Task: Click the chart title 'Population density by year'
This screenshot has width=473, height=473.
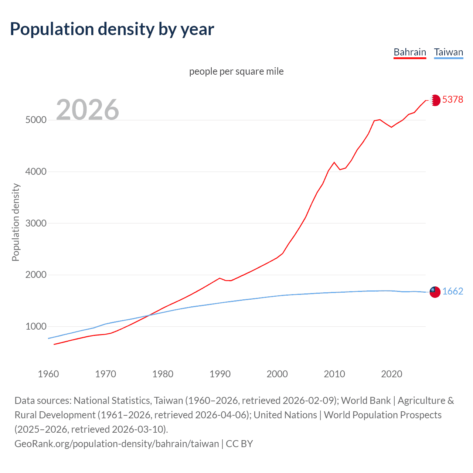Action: pos(112,29)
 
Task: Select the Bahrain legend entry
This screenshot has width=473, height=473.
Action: pos(410,52)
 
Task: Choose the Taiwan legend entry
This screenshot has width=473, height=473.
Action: pos(449,52)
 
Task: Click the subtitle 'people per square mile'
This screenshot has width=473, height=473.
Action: pos(236,71)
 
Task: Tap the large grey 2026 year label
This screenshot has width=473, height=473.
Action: pos(88,110)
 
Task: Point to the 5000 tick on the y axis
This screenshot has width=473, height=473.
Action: pos(36,120)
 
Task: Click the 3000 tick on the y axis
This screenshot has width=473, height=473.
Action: pos(36,223)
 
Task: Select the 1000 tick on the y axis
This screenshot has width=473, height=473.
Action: pos(36,327)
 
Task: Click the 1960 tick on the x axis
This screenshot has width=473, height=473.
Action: pos(48,374)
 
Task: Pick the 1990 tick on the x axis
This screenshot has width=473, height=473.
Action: pos(220,374)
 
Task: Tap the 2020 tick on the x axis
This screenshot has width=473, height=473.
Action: pos(391,374)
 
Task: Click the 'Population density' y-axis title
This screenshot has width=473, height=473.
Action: pos(16,222)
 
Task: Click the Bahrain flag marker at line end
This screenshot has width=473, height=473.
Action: pos(435,100)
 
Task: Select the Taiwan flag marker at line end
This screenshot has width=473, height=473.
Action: pos(435,292)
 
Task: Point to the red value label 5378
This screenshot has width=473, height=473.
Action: pos(453,100)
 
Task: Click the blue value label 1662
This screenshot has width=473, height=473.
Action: pos(453,292)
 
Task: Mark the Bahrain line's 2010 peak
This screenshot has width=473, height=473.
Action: pos(334,162)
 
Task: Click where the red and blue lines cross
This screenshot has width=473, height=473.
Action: pos(149,315)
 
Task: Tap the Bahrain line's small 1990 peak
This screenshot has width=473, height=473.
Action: pos(220,278)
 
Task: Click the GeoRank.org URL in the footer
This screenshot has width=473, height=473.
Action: pos(116,443)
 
